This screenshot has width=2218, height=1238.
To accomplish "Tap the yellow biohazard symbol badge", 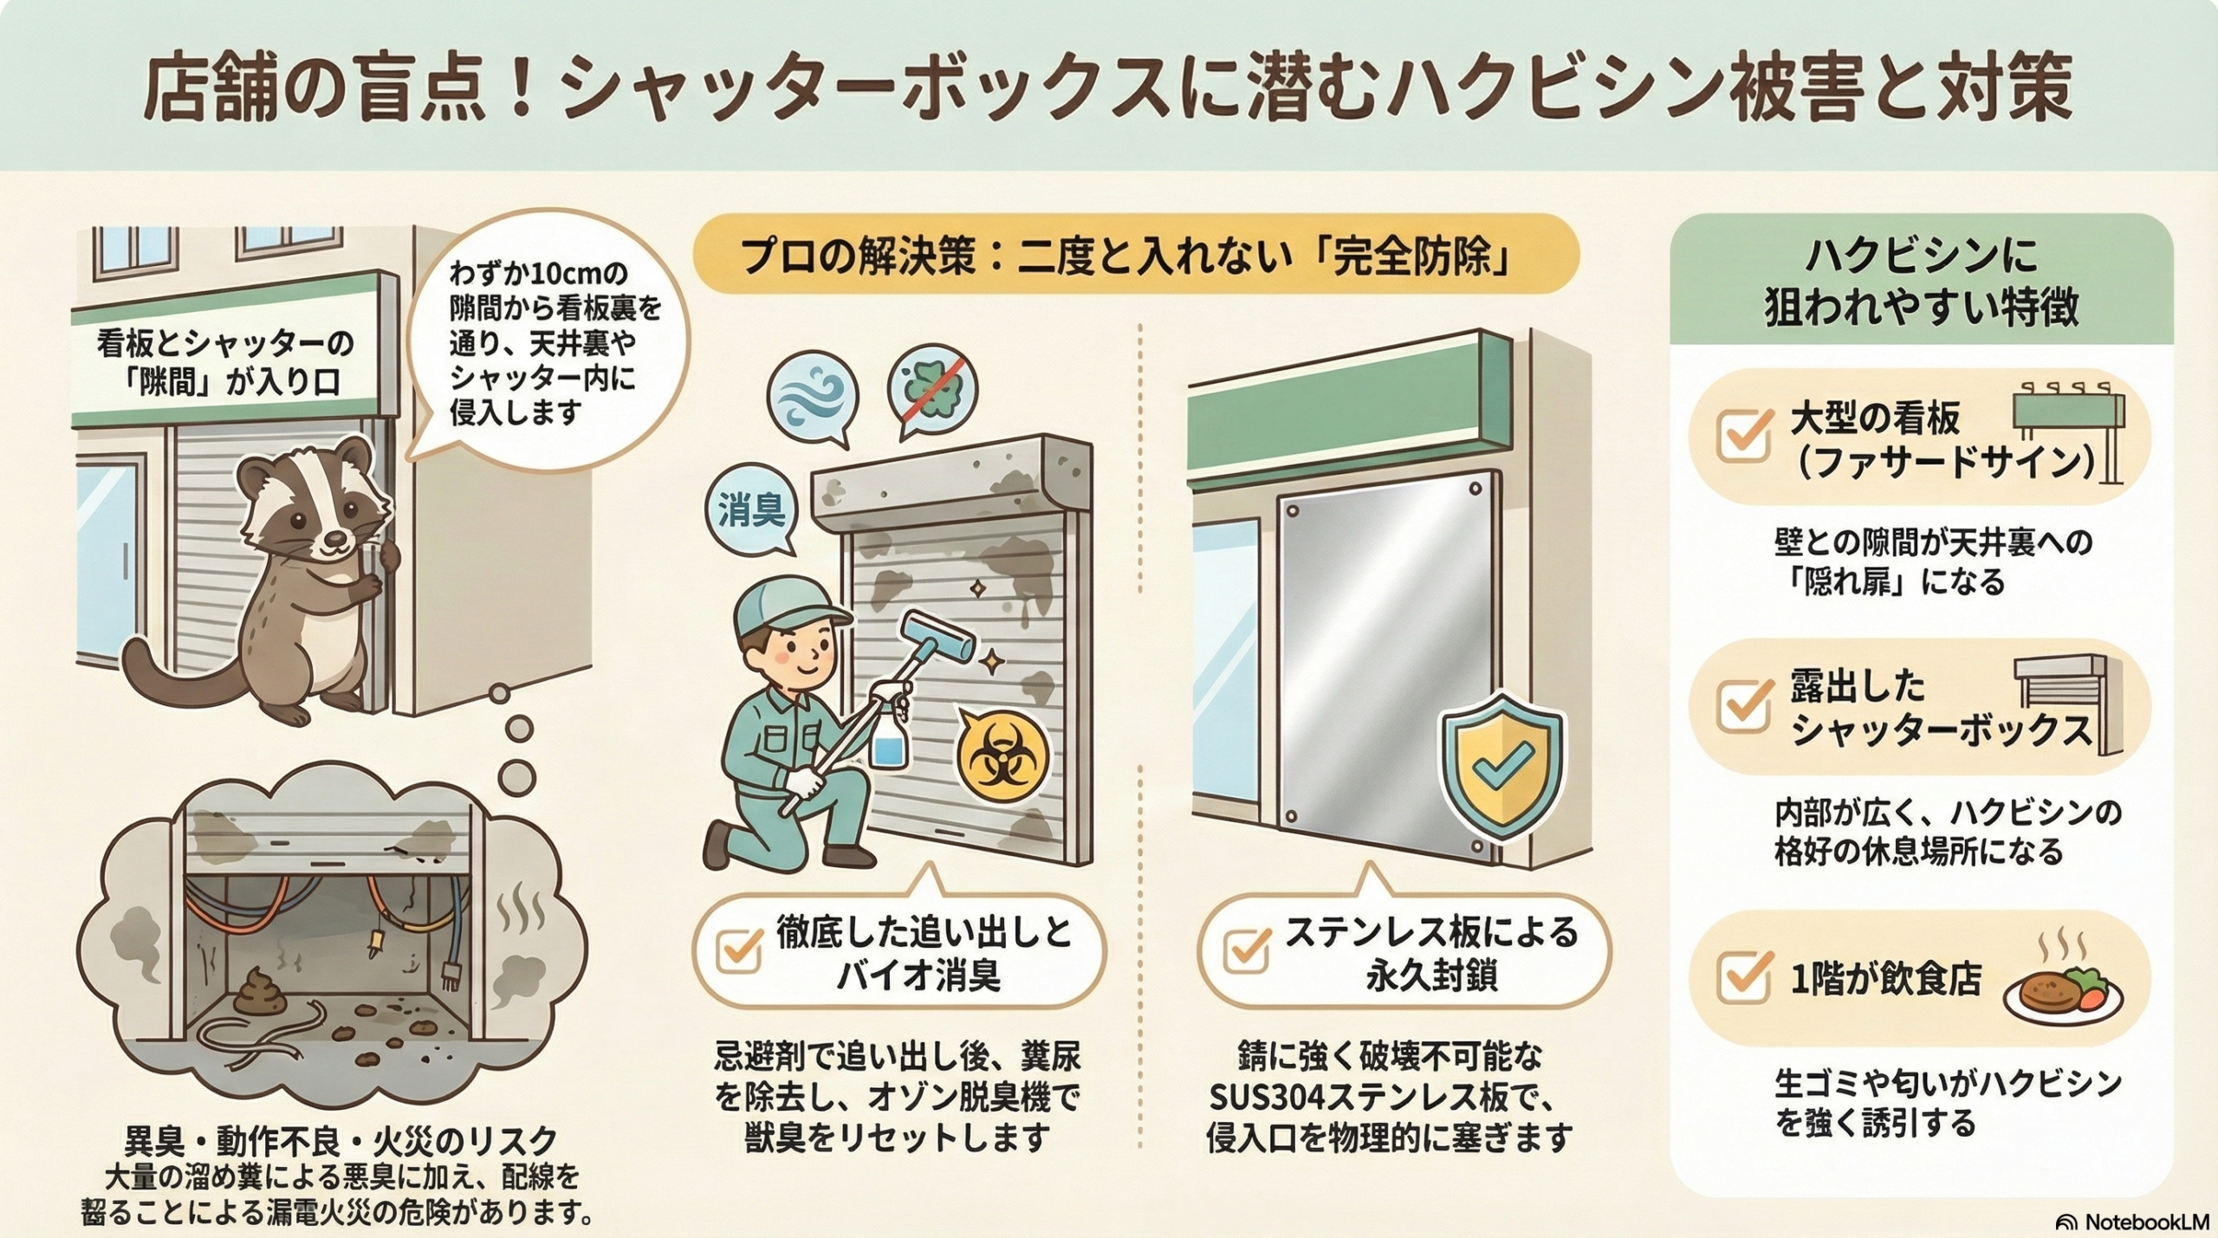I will pos(1003,755).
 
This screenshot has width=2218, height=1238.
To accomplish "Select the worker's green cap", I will pos(788,604).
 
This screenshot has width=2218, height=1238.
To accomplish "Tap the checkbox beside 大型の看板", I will pos(1743,436).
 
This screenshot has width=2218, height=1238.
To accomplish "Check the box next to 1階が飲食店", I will pos(1743,977).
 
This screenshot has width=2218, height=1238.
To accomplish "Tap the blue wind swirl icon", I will pos(812,397).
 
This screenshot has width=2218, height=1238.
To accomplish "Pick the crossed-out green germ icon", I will pos(932,389).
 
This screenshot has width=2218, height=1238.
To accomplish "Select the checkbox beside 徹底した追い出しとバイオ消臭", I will pos(739,950).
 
